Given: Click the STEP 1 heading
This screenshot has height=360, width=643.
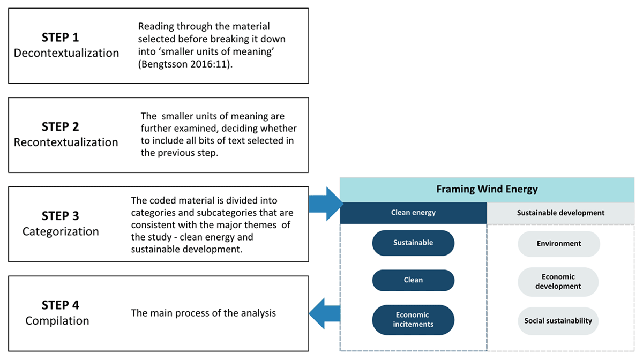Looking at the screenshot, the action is (x=60, y=37).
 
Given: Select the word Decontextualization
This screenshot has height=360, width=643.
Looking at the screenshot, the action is (x=66, y=53).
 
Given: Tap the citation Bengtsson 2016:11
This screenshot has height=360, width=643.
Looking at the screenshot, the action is (x=185, y=64).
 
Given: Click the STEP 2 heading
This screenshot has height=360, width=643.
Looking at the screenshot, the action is (x=60, y=127).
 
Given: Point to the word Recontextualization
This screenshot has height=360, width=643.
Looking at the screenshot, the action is (x=66, y=142).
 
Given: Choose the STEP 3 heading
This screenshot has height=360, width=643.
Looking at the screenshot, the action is (x=60, y=216).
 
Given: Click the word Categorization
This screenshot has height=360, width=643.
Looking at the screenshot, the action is (x=61, y=231).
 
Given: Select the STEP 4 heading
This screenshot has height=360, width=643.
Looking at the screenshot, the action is (x=60, y=305).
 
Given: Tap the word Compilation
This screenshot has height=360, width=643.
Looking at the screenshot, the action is (x=57, y=321).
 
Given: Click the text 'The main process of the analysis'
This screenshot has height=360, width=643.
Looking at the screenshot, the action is (x=203, y=313).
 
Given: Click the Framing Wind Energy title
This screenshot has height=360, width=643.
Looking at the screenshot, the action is (x=487, y=189).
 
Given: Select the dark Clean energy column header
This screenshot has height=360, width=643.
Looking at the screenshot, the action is (x=413, y=213).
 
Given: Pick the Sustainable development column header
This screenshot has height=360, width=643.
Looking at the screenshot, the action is (x=560, y=213).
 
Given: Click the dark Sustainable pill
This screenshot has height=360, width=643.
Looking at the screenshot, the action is (x=413, y=243).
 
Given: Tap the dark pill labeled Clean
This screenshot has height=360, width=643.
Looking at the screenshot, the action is (x=413, y=280).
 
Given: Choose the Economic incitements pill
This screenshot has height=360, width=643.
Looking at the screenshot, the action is (x=413, y=320).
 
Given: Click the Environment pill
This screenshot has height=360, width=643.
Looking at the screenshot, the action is (x=558, y=244).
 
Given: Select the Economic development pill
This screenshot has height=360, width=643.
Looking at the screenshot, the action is (x=558, y=282).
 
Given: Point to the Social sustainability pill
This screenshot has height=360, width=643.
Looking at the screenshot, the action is (x=558, y=321).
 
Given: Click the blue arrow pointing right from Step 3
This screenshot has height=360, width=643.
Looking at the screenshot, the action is (x=326, y=204).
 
